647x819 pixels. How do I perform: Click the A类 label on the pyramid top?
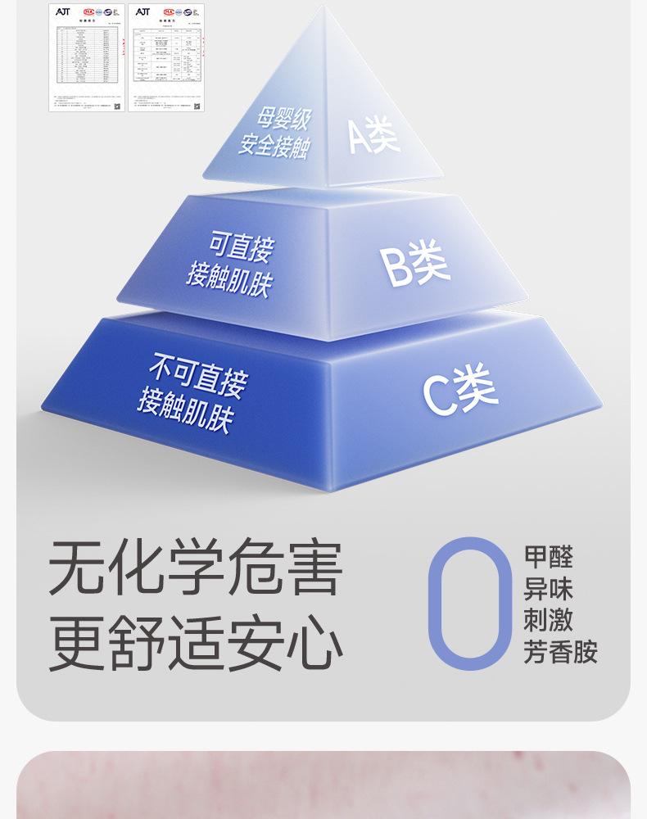[373, 134]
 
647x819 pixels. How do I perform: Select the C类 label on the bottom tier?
[460, 389]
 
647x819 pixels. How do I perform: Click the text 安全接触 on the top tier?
[274, 146]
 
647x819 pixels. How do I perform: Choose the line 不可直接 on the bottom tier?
[197, 373]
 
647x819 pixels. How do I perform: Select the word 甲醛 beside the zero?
[548, 558]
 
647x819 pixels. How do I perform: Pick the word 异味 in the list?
[548, 590]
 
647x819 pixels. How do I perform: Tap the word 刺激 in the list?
[548, 621]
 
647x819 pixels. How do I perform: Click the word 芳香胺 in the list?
[560, 652]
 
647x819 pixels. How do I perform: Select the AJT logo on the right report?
[143, 12]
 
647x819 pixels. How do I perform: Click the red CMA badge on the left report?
[88, 12]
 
